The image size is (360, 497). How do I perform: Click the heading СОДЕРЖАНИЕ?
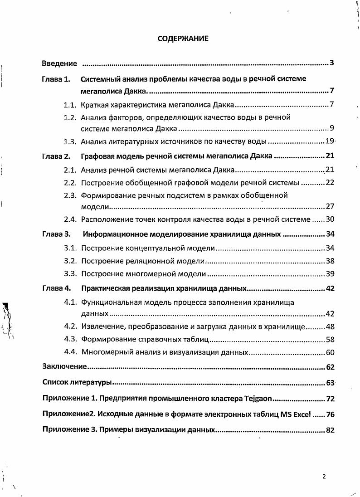(183, 39)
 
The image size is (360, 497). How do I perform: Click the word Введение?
(59, 63)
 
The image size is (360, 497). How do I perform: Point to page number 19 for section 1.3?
(330, 141)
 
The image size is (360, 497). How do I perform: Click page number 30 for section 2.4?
(330, 219)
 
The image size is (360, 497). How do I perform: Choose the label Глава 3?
(56, 235)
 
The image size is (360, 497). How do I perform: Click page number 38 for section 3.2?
(330, 261)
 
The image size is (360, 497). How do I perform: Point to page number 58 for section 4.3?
(330, 339)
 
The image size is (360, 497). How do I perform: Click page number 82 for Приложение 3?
(330, 430)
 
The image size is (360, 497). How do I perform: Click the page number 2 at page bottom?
(324, 477)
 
